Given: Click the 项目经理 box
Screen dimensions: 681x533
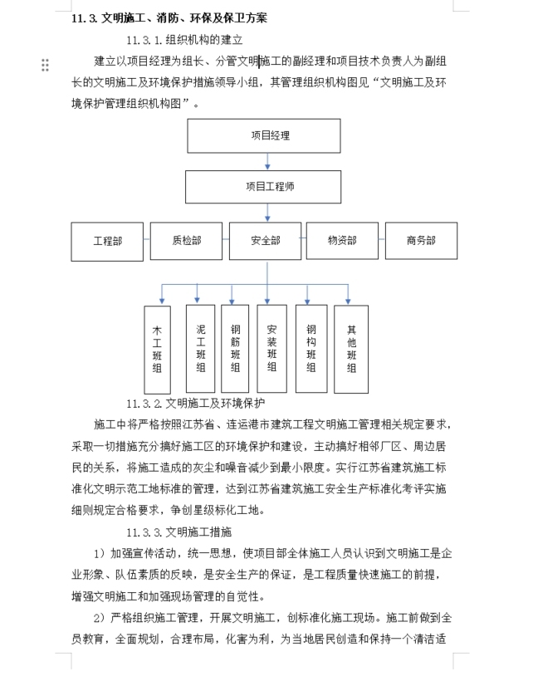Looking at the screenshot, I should pyautogui.click(x=263, y=135).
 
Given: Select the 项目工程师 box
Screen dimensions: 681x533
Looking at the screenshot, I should pyautogui.click(x=263, y=187).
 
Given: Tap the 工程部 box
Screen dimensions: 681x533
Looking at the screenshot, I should pyautogui.click(x=107, y=241).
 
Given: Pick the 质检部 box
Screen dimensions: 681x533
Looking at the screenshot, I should pyautogui.click(x=186, y=241).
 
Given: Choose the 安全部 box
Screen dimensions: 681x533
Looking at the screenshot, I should pyautogui.click(x=265, y=241).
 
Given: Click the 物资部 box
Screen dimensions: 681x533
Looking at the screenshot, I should pyautogui.click(x=342, y=241).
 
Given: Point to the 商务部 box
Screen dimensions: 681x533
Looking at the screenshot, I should pyautogui.click(x=421, y=241).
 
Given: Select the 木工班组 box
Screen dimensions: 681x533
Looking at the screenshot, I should pyautogui.click(x=157, y=349).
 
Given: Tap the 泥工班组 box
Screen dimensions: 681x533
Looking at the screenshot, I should pyautogui.click(x=201, y=348).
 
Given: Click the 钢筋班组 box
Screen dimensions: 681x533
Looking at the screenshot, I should pyautogui.click(x=235, y=348).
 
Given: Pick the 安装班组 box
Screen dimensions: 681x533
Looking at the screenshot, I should pyautogui.click(x=271, y=348).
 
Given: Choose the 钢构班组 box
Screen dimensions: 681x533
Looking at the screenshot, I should pyautogui.click(x=311, y=348).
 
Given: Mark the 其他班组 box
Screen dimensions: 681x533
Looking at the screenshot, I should pyautogui.click(x=351, y=348).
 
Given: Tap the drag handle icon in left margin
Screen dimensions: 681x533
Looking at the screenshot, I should pyautogui.click(x=45, y=65).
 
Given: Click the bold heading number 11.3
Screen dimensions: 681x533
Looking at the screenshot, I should pyautogui.click(x=85, y=17).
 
